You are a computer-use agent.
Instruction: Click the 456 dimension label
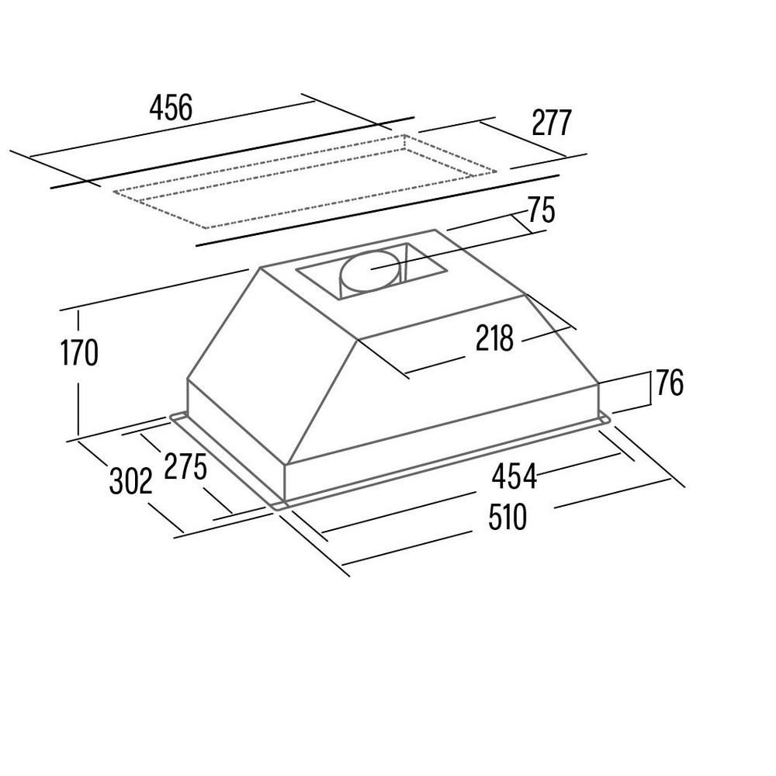pyautogui.click(x=171, y=108)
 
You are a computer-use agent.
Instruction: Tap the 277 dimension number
pyautogui.click(x=551, y=123)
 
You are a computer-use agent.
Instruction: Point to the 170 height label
pyautogui.click(x=79, y=352)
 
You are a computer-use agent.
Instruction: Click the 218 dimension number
pyautogui.click(x=495, y=338)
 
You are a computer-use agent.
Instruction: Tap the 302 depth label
pyautogui.click(x=130, y=480)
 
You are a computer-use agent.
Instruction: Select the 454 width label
pyautogui.click(x=514, y=476)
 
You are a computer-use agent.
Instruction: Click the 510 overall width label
pyautogui.click(x=508, y=517)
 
